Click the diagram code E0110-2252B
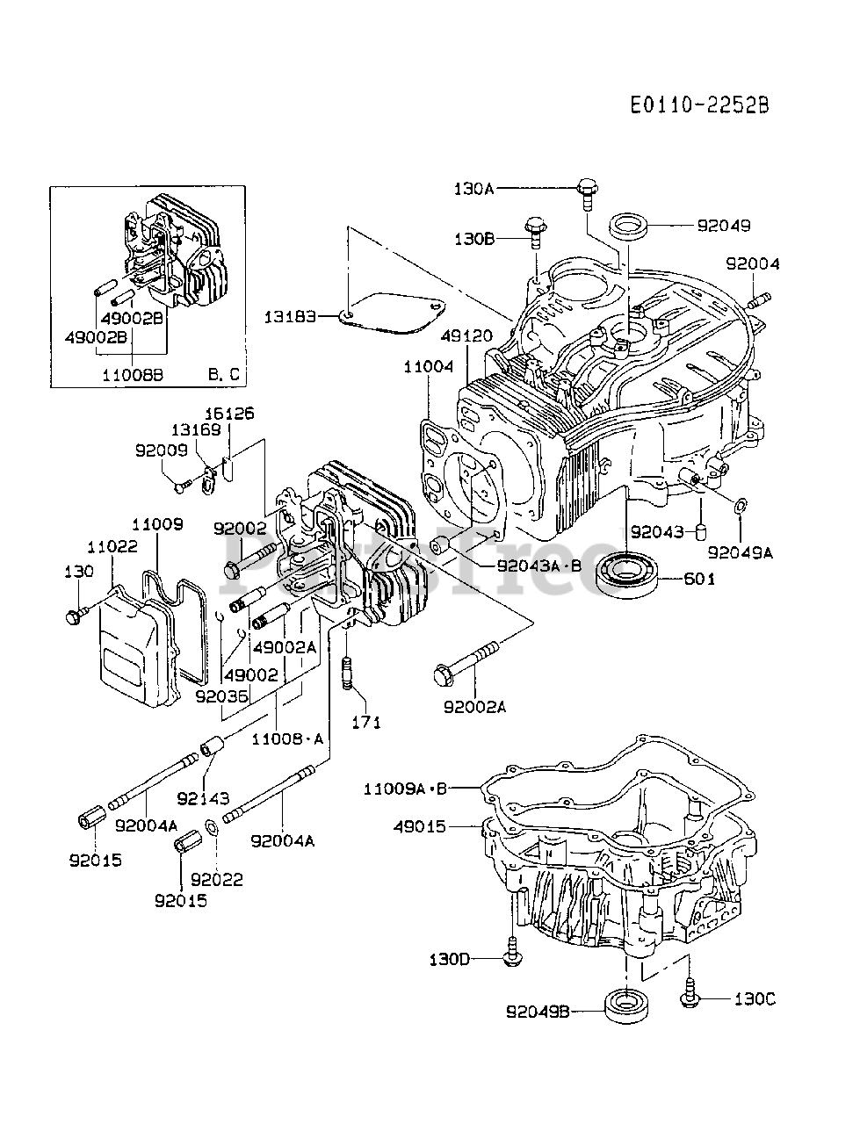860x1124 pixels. [x=699, y=105]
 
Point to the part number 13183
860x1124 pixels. [x=290, y=317]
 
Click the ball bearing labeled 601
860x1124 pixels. [x=626, y=574]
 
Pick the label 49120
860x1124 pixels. [x=466, y=336]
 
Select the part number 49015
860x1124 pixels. [x=420, y=826]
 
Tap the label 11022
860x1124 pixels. [x=112, y=546]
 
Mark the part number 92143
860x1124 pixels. [x=203, y=798]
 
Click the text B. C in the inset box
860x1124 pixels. [x=224, y=374]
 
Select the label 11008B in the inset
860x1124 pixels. [x=133, y=375]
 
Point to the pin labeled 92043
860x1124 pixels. [x=699, y=531]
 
